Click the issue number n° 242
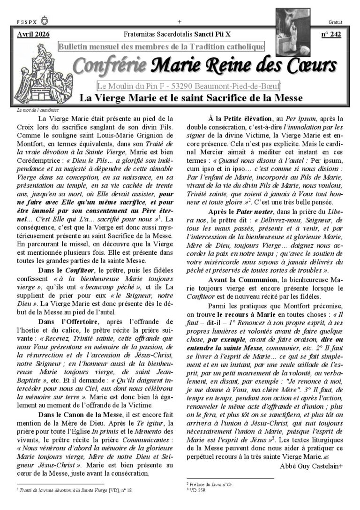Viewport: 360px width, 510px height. [x=331, y=35]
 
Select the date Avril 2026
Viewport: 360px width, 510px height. [x=33, y=34]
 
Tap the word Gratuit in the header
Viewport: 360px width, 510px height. [x=336, y=22]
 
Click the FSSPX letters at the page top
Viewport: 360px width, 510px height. [x=25, y=22]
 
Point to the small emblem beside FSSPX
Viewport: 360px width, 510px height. [x=45, y=22]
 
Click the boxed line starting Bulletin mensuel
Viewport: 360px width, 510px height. [x=161, y=46]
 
